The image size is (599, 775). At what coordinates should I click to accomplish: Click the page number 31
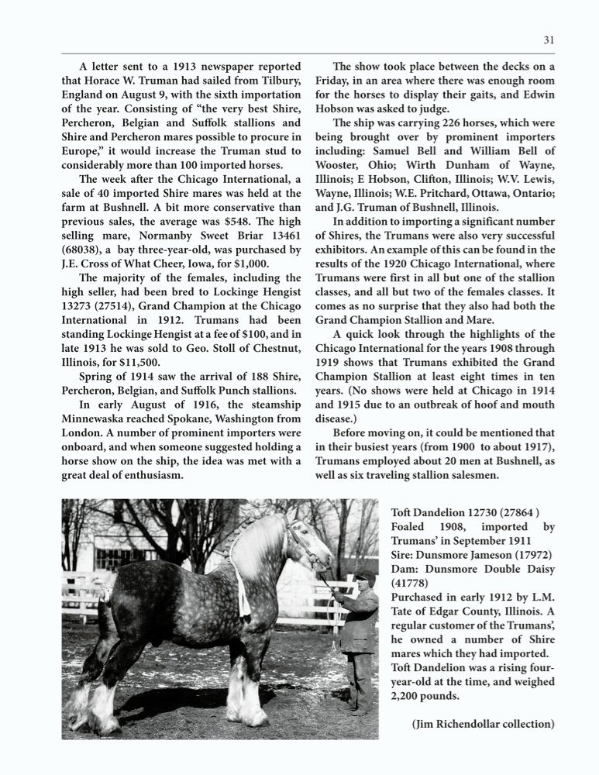pyautogui.click(x=549, y=41)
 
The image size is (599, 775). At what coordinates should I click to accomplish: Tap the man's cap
pyautogui.click(x=366, y=577)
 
